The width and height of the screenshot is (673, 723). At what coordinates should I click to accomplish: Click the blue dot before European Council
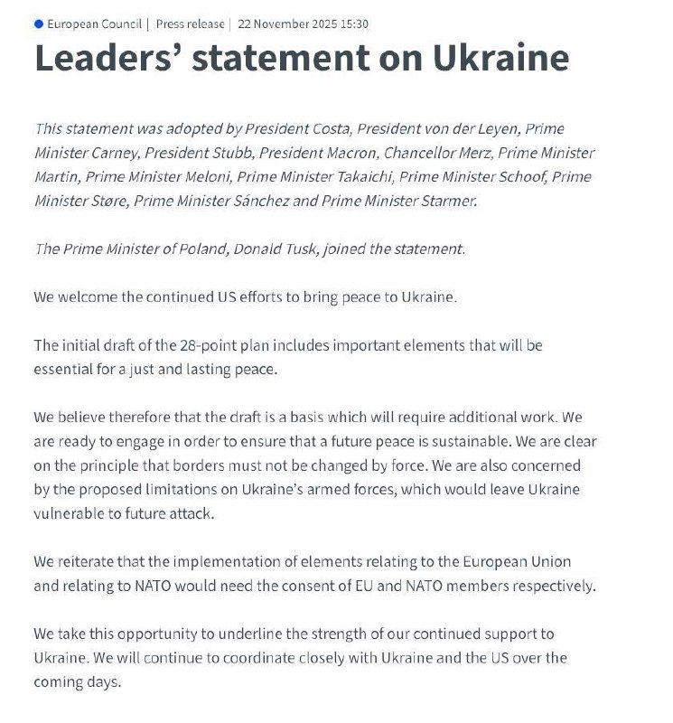(x=38, y=23)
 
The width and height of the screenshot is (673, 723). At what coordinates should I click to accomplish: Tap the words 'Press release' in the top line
(x=191, y=23)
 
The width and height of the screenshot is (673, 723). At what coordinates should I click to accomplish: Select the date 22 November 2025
(x=285, y=23)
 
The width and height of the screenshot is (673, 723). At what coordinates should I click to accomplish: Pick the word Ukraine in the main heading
(x=500, y=58)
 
